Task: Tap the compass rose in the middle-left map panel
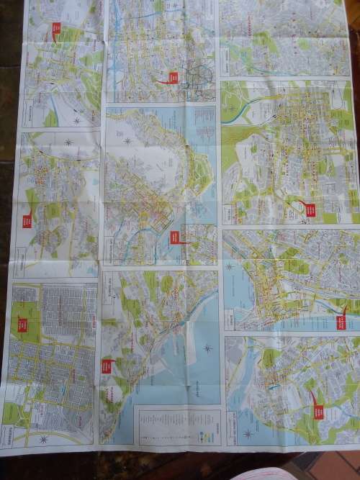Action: click(x=68, y=142)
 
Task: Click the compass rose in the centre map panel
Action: click(x=127, y=141)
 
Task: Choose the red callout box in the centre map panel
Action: click(x=174, y=237)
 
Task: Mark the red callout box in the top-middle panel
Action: click(x=173, y=78)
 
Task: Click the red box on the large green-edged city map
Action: click(x=310, y=209)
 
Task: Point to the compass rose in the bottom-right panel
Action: click(x=248, y=433)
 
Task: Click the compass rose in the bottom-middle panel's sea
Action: click(x=207, y=349)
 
